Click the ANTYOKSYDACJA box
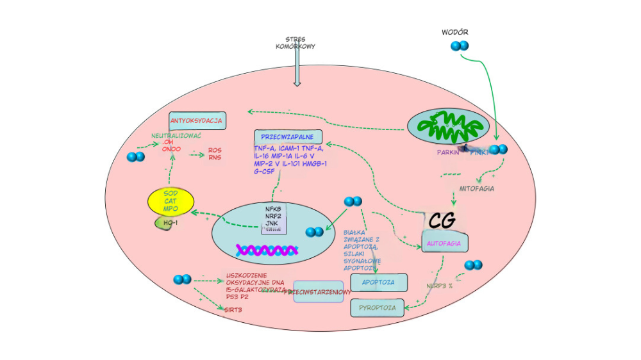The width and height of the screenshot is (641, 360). click(196, 120)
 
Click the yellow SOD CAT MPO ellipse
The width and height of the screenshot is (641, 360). click(171, 201)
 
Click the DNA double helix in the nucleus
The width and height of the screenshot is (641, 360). click(269, 249)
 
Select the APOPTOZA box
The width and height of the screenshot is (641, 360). click(378, 282)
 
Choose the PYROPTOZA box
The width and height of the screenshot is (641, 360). click(377, 308)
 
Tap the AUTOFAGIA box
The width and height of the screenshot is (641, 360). click(445, 243)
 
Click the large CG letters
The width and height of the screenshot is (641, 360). click(442, 220)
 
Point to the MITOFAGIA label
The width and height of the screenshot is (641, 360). click(476, 189)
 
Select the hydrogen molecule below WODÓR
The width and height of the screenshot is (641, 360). click(460, 46)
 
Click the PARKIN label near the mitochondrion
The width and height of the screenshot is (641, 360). click(448, 152)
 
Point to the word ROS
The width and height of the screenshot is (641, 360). click(214, 151)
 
